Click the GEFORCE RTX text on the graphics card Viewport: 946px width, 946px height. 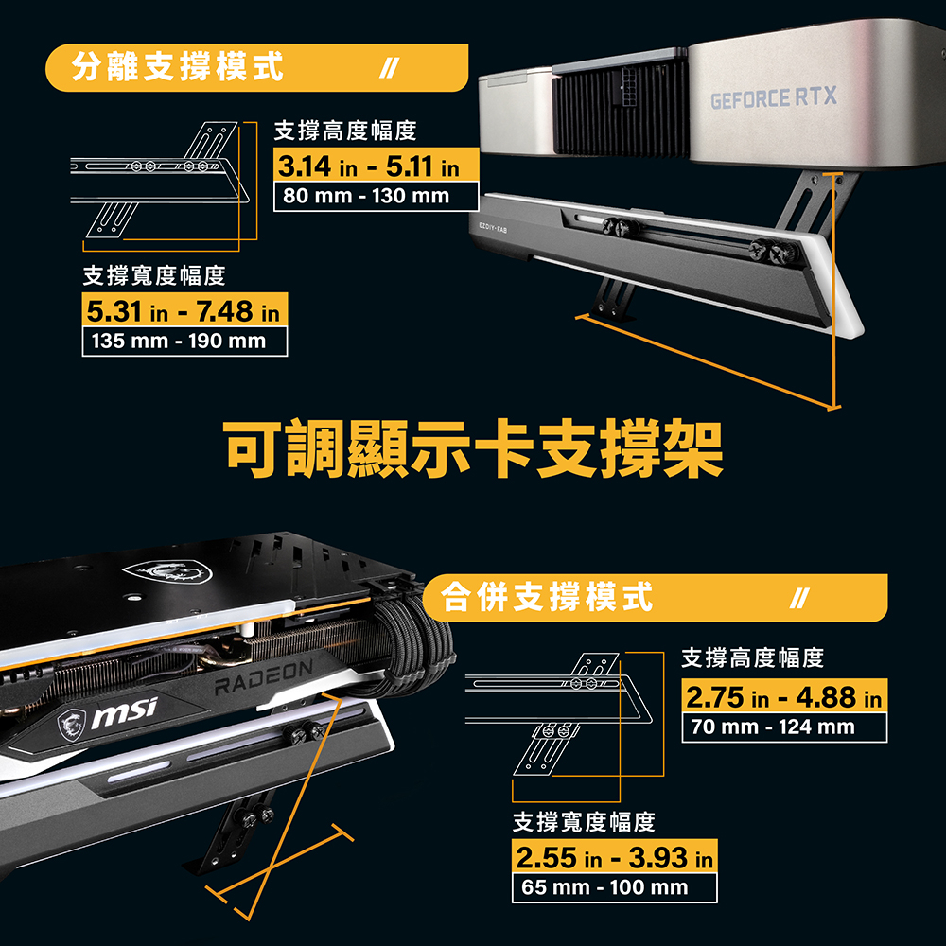(774, 97)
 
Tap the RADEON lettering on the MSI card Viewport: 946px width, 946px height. (264, 677)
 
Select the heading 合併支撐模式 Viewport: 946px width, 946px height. (547, 597)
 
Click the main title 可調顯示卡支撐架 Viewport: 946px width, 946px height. (473, 448)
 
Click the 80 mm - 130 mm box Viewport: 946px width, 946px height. (377, 196)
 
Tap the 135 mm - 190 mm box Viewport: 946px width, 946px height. (184, 341)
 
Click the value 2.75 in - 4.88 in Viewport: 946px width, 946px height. (784, 697)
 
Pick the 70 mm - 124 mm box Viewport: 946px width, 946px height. (784, 727)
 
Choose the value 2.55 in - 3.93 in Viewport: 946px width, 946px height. (615, 857)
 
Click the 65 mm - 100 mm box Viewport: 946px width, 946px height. (615, 887)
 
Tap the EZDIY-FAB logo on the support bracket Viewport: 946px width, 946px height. (493, 227)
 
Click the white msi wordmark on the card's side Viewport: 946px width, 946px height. (124, 713)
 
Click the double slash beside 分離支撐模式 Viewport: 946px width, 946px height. (389, 67)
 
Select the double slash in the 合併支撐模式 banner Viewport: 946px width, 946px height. (799, 599)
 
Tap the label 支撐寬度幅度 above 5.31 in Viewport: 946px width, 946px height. (154, 275)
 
